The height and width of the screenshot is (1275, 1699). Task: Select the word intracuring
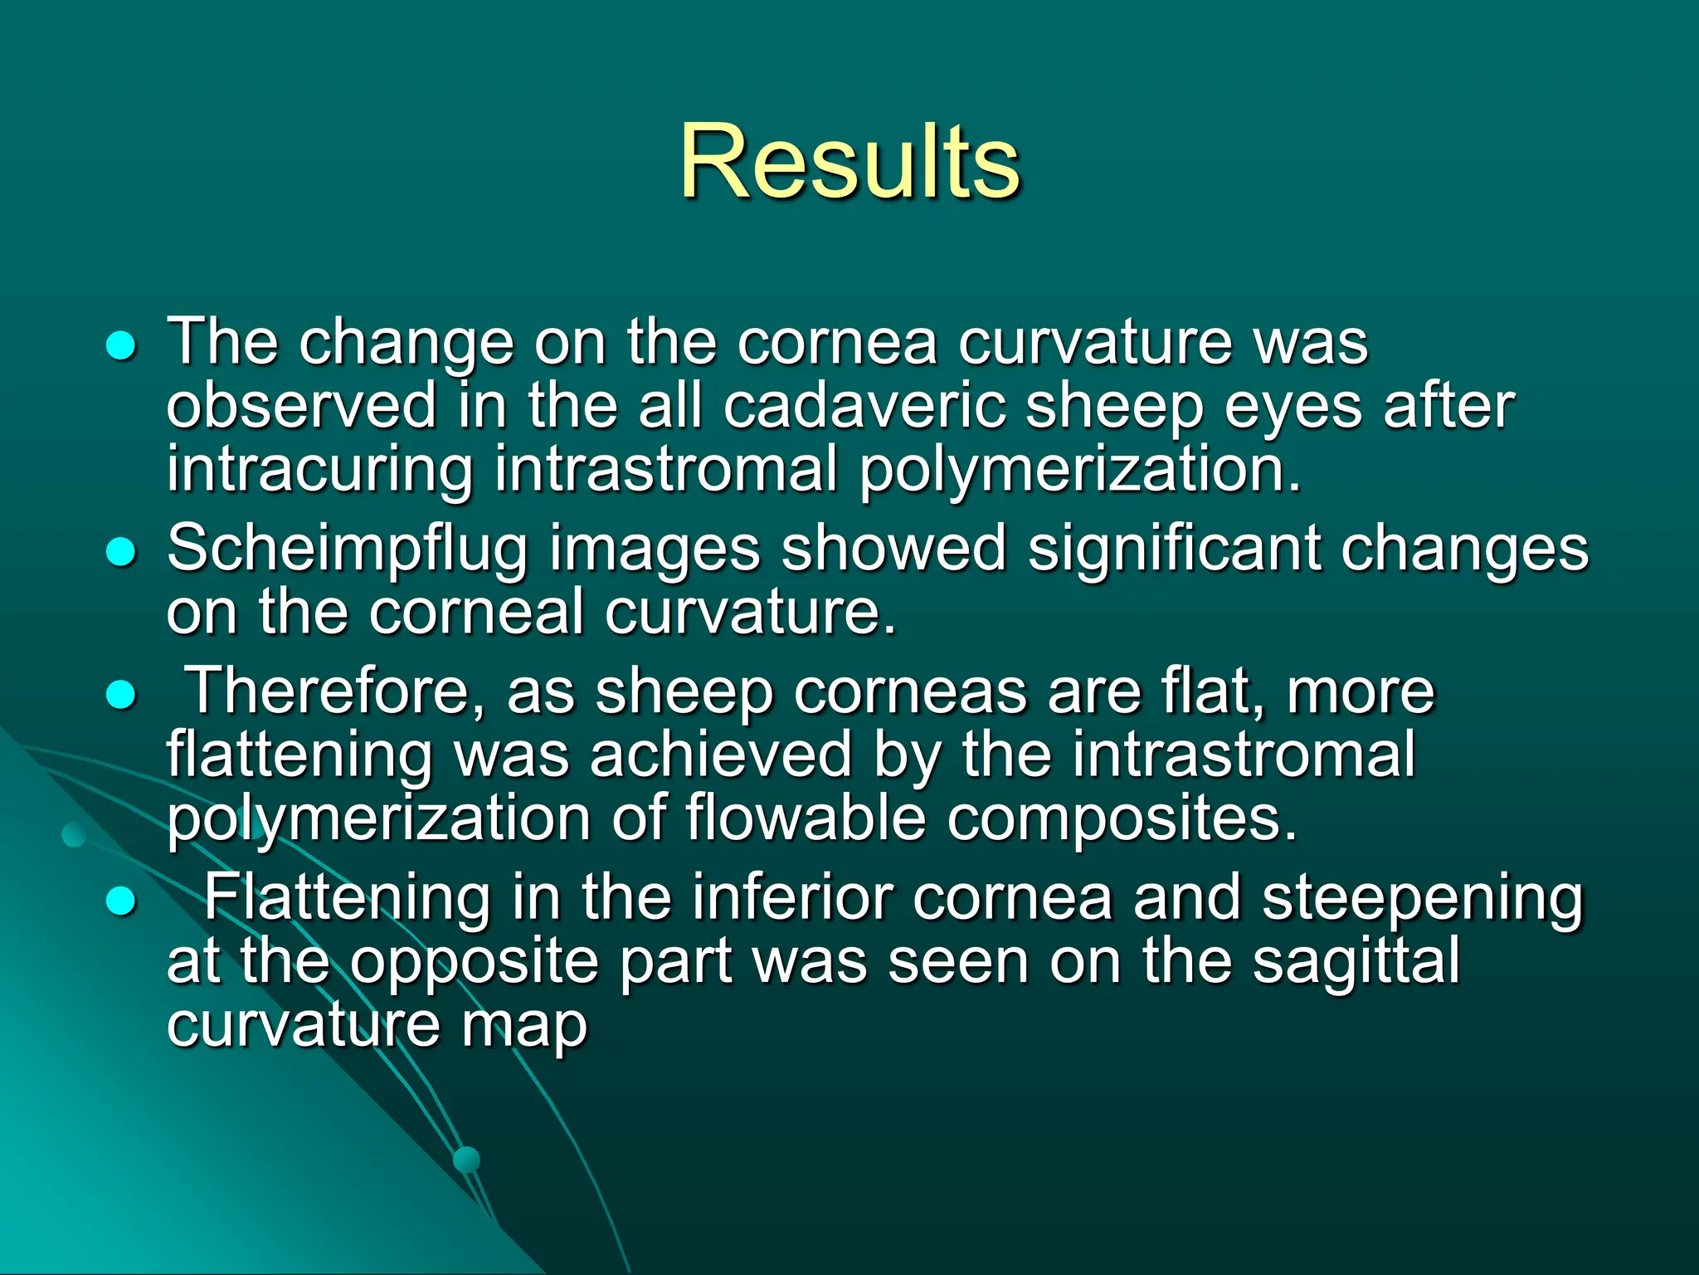pos(319,470)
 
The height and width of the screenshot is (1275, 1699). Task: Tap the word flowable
pos(806,818)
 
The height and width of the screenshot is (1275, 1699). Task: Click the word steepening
pos(1422,900)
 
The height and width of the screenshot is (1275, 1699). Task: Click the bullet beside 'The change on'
pos(121,346)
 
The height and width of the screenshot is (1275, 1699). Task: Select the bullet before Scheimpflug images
pos(121,552)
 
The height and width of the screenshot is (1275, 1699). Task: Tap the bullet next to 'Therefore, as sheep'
pos(121,695)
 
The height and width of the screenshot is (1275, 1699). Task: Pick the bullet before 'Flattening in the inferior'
pos(121,901)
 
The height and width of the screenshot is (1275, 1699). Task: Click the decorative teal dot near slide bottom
pos(467,1159)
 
